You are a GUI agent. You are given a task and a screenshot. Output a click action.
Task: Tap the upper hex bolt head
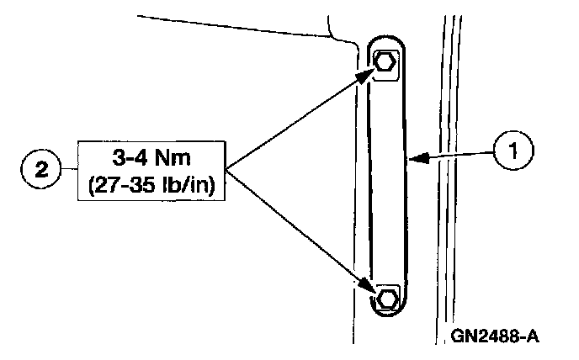click(x=385, y=62)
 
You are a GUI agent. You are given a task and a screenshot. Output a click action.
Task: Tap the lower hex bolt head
click(x=387, y=298)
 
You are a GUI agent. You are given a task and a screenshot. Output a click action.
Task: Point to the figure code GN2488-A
click(x=495, y=336)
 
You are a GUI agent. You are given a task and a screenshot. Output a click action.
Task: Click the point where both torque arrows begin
click(x=225, y=167)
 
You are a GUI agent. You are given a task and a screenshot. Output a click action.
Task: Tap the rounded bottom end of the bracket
click(x=387, y=318)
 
